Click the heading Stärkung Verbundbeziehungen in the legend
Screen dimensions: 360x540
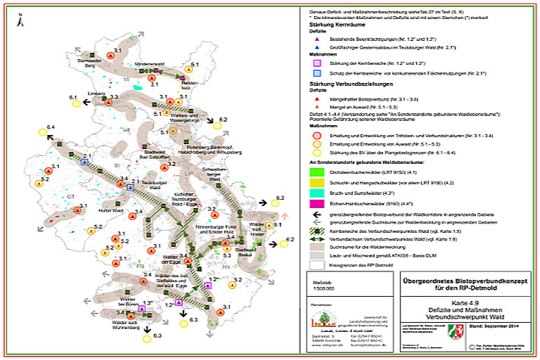pos(351,84)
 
